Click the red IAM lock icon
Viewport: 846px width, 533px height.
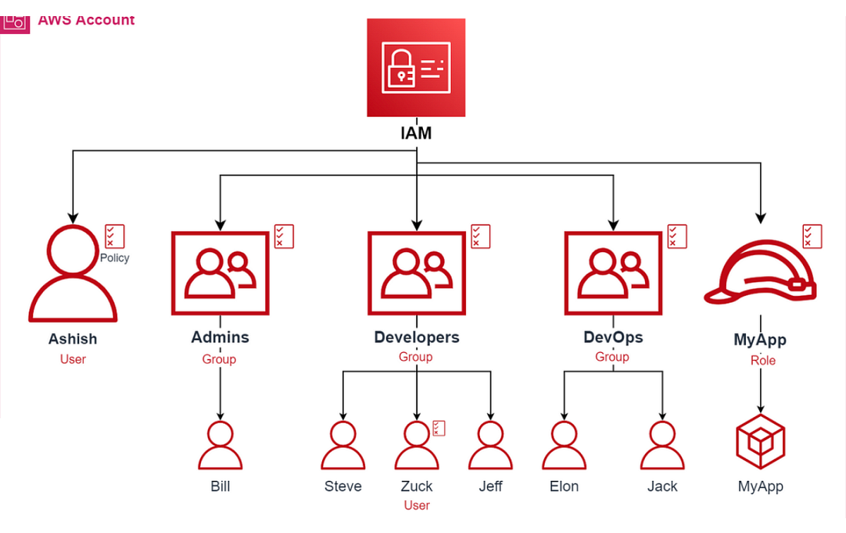point(416,68)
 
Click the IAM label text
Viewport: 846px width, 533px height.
point(416,132)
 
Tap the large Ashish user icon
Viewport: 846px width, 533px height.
point(72,274)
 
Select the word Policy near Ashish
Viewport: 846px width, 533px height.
point(115,258)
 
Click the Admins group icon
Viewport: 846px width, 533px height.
point(220,273)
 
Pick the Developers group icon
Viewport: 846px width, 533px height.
point(417,273)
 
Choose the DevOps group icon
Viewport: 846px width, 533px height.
point(613,273)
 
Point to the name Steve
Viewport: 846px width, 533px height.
point(343,487)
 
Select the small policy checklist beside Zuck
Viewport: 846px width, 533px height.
point(439,428)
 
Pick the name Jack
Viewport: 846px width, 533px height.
point(663,487)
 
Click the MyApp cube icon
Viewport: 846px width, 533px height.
point(760,441)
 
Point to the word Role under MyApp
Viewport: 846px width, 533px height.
point(763,360)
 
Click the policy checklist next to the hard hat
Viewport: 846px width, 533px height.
point(812,236)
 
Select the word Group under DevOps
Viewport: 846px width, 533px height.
point(612,357)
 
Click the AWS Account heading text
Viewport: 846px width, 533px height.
point(86,20)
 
